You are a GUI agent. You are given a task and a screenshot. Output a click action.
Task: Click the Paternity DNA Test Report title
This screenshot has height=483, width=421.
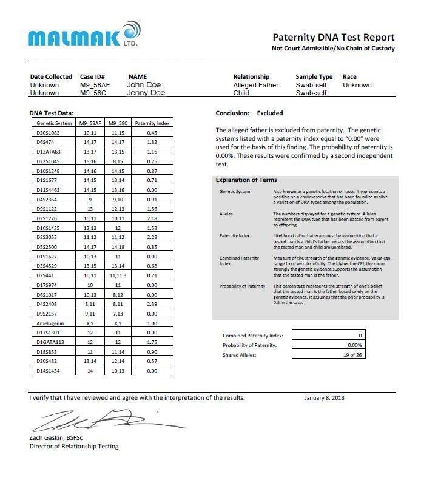tap(333, 38)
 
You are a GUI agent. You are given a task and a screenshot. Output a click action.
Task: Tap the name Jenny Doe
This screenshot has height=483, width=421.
tap(146, 93)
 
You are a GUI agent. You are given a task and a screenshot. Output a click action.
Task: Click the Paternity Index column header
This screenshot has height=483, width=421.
tap(152, 123)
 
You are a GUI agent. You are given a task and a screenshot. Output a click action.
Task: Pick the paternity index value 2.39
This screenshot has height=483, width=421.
tap(152, 304)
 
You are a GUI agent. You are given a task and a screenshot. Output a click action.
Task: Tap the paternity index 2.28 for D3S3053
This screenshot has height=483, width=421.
tap(152, 237)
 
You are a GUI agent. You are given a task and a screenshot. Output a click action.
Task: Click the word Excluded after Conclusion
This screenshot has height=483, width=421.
tap(269, 113)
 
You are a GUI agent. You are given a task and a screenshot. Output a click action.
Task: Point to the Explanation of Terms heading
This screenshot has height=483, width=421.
tap(246, 180)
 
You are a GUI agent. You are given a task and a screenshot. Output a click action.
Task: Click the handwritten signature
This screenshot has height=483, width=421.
tap(91, 419)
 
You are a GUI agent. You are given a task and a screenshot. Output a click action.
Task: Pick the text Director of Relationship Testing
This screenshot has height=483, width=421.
tap(74, 447)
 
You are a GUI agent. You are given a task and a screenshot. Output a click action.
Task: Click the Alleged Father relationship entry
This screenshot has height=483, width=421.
tap(255, 85)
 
